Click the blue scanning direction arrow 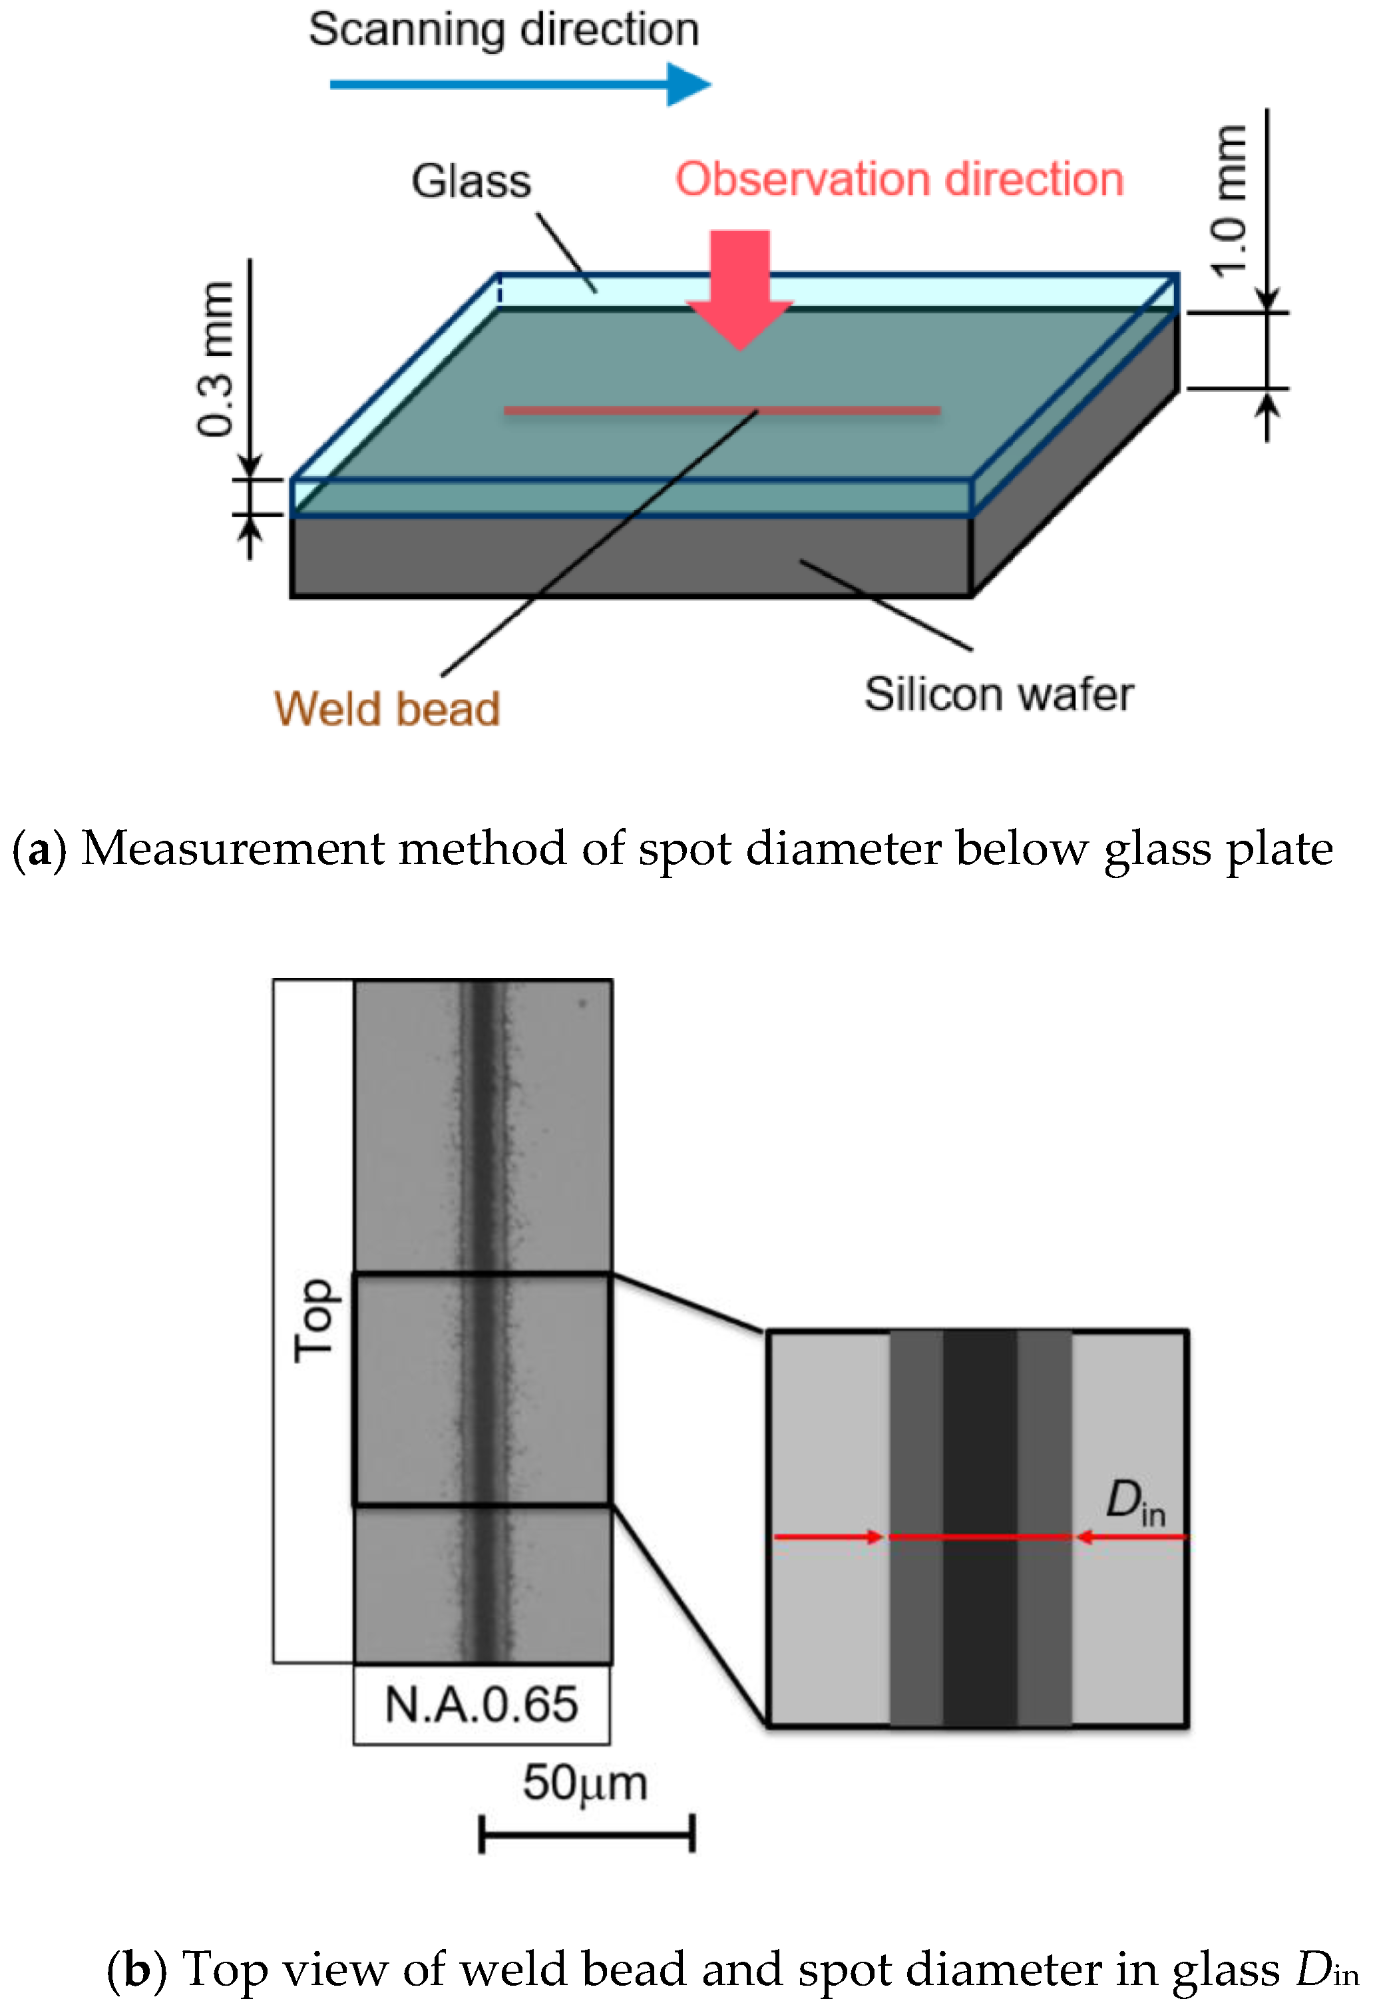click(520, 84)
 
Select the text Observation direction click(899, 180)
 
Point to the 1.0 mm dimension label click(1229, 201)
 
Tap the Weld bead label click(387, 708)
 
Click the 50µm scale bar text click(585, 1783)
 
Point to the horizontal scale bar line click(587, 1835)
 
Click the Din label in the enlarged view click(1135, 1502)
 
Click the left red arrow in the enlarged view click(828, 1537)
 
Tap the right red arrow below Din click(1131, 1537)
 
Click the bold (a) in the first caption click(39, 848)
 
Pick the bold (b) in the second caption click(136, 1968)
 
